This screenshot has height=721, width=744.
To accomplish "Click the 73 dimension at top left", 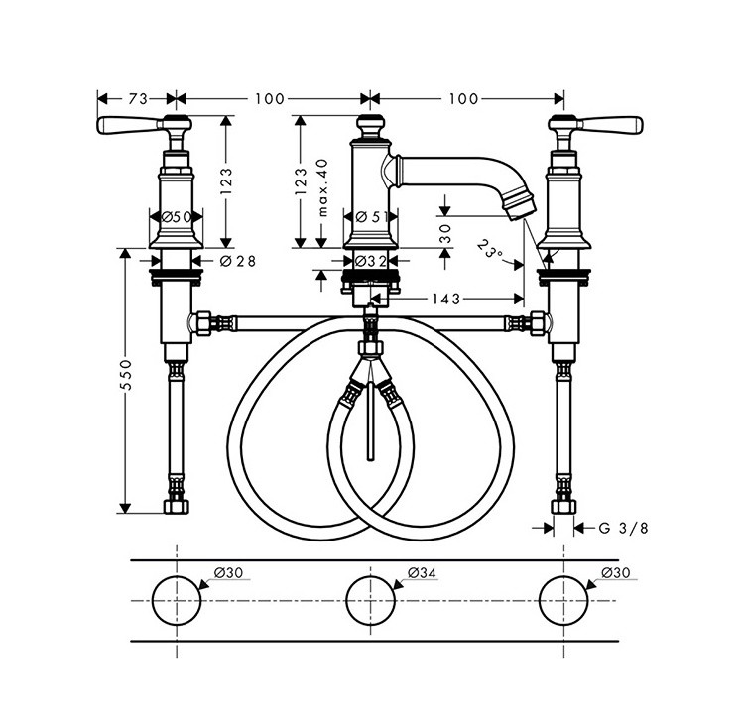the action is (138, 99).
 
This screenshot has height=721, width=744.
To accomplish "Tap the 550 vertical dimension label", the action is (126, 375).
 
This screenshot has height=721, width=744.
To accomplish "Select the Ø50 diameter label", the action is (176, 217).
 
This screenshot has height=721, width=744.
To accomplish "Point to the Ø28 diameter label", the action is (238, 261).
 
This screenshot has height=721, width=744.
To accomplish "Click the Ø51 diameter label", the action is (372, 217).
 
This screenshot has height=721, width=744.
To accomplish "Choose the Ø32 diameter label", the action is (371, 261).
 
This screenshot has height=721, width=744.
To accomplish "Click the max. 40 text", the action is (323, 187).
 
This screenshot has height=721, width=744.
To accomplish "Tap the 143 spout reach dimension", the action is (446, 299).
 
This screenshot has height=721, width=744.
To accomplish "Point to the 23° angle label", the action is (490, 249).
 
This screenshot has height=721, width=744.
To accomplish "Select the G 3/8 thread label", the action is (623, 528).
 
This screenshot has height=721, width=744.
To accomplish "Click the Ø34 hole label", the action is (422, 573).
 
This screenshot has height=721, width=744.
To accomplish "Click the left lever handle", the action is (127, 125).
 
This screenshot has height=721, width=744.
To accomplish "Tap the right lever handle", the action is (612, 125).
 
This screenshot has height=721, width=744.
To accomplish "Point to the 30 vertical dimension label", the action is (445, 233).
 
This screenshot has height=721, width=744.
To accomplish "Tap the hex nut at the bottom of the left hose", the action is (176, 506).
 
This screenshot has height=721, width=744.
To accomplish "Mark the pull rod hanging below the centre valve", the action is (371, 421).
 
